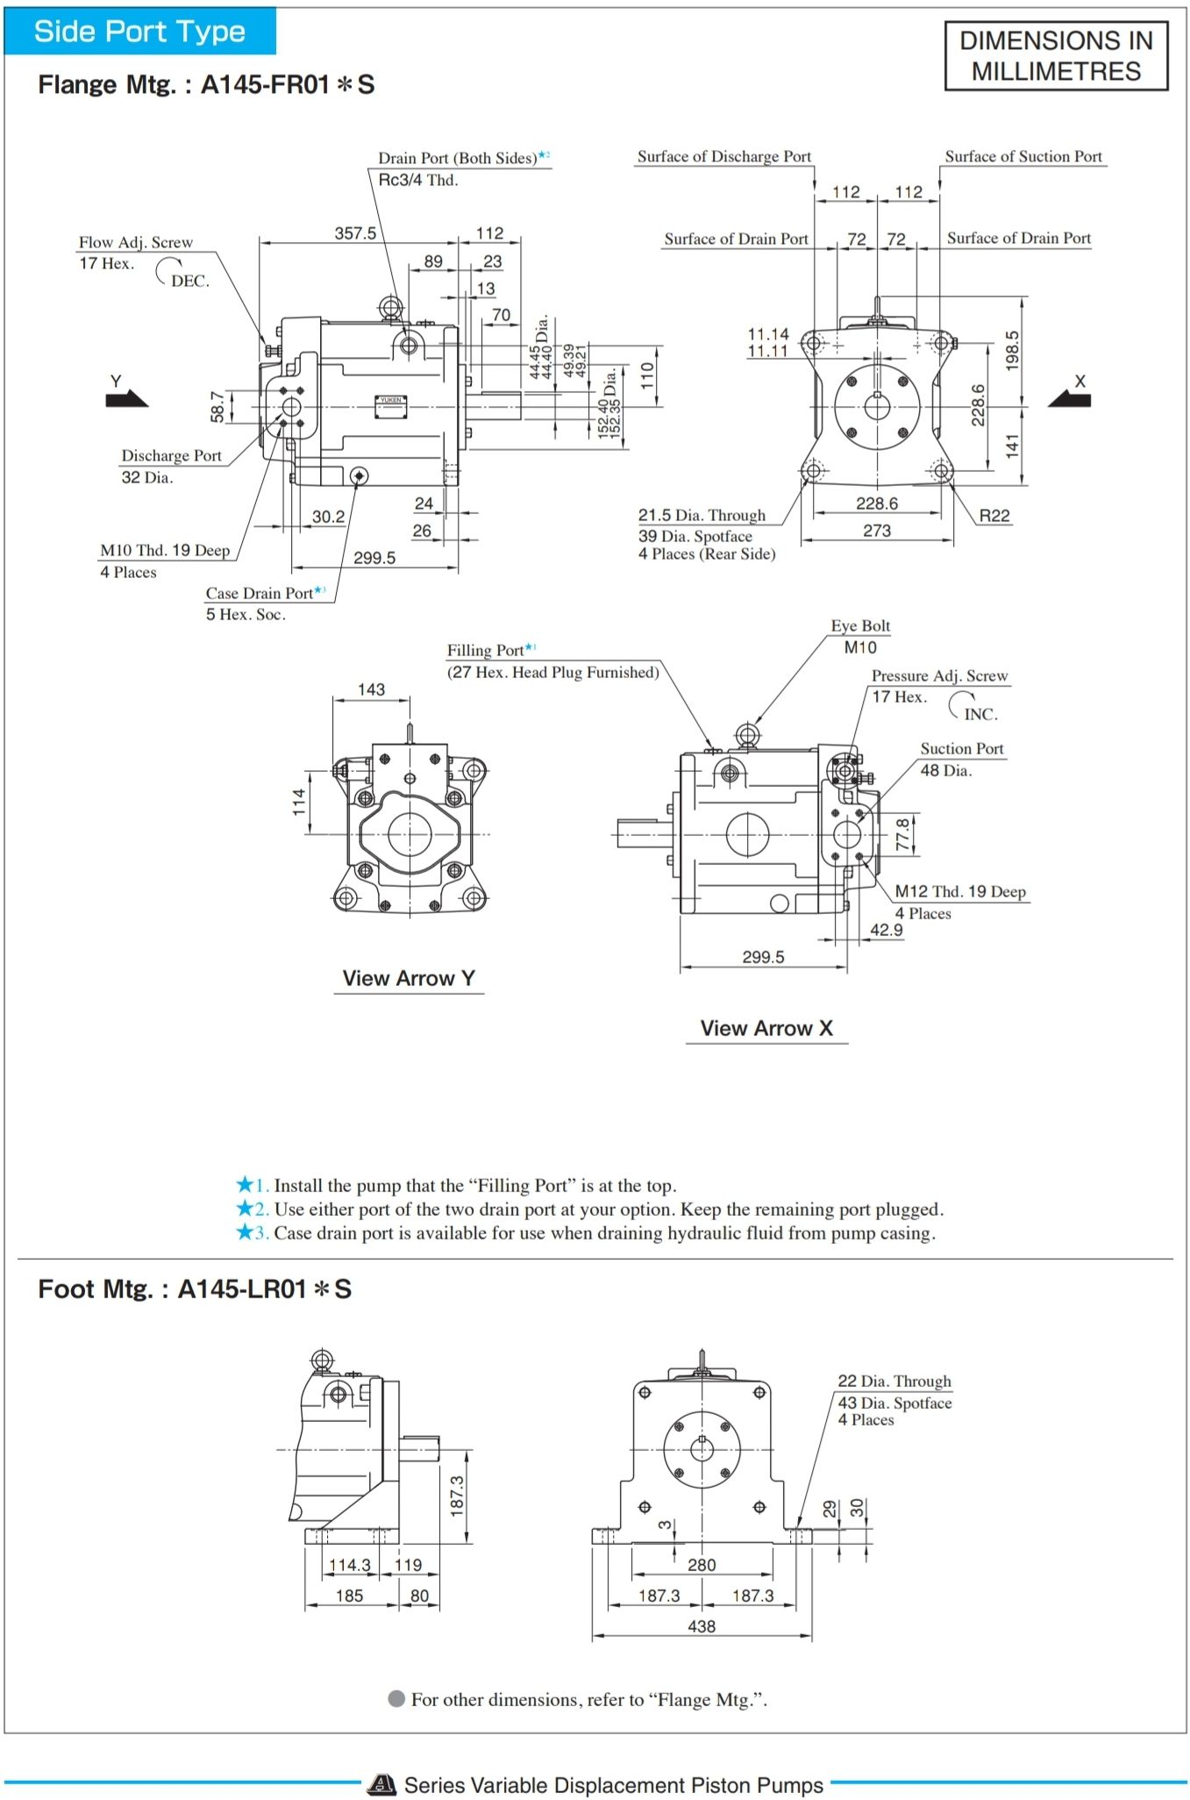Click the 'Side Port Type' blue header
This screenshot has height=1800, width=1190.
139,32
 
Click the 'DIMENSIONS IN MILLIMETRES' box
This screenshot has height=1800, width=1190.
1056,56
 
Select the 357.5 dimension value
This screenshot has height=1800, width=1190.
355,233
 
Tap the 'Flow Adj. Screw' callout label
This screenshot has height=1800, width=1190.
136,242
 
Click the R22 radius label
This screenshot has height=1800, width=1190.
994,516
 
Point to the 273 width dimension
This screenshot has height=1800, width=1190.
876,531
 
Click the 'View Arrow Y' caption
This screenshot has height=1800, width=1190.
409,978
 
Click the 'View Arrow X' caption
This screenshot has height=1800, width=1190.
766,1028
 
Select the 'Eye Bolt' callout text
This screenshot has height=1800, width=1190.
860,625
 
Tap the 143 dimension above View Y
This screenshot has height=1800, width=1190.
371,689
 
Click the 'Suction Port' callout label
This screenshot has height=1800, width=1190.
961,748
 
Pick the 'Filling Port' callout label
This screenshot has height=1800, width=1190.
485,650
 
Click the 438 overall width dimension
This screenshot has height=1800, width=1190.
702,1625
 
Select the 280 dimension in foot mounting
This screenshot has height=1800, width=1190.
702,1564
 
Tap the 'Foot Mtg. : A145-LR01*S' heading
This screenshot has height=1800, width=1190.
195,1289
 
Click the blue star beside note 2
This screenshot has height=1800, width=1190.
245,1209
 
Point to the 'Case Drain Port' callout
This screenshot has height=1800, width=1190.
260,593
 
